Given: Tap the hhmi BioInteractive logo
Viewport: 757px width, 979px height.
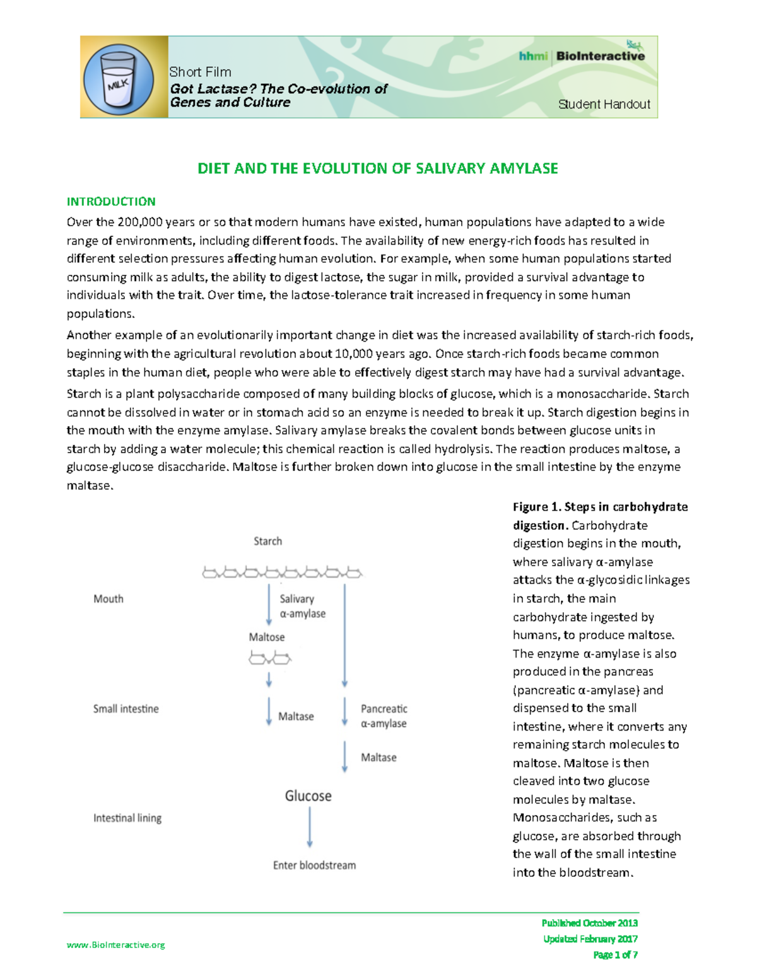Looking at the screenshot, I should click(x=582, y=55).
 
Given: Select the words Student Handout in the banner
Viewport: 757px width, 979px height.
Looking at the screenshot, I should click(x=604, y=105).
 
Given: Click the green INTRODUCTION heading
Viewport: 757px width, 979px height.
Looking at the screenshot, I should click(x=111, y=202).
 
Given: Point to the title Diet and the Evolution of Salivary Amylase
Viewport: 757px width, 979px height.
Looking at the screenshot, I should click(x=377, y=168).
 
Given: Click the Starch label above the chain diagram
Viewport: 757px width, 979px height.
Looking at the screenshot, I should click(x=267, y=541).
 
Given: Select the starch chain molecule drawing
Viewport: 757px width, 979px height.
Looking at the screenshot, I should click(x=281, y=572).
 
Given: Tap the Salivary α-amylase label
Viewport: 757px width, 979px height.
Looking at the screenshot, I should click(x=303, y=606).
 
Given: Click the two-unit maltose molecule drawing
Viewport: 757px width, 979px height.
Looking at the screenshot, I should click(x=269, y=659).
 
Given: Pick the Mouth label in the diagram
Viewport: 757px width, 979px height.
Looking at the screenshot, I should click(x=109, y=599).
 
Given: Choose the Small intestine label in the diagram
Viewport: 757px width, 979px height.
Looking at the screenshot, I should click(x=126, y=709).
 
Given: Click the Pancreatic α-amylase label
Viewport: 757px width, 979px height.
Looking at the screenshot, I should click(x=384, y=716).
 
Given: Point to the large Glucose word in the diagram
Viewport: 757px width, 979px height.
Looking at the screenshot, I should click(x=308, y=796).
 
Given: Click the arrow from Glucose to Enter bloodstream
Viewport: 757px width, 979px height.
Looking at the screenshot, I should click(x=309, y=827).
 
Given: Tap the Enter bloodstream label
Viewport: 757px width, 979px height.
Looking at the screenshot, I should click(x=314, y=865).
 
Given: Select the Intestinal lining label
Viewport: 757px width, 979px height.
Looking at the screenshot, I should click(x=127, y=818).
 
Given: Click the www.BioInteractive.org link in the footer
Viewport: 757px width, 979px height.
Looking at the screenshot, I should click(x=116, y=944).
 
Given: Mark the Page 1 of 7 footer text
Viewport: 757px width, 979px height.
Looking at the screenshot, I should click(x=615, y=954).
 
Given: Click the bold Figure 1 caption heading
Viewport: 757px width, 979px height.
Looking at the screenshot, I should click(x=600, y=516).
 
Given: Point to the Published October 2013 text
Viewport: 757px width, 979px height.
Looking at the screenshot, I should click(x=589, y=923).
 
